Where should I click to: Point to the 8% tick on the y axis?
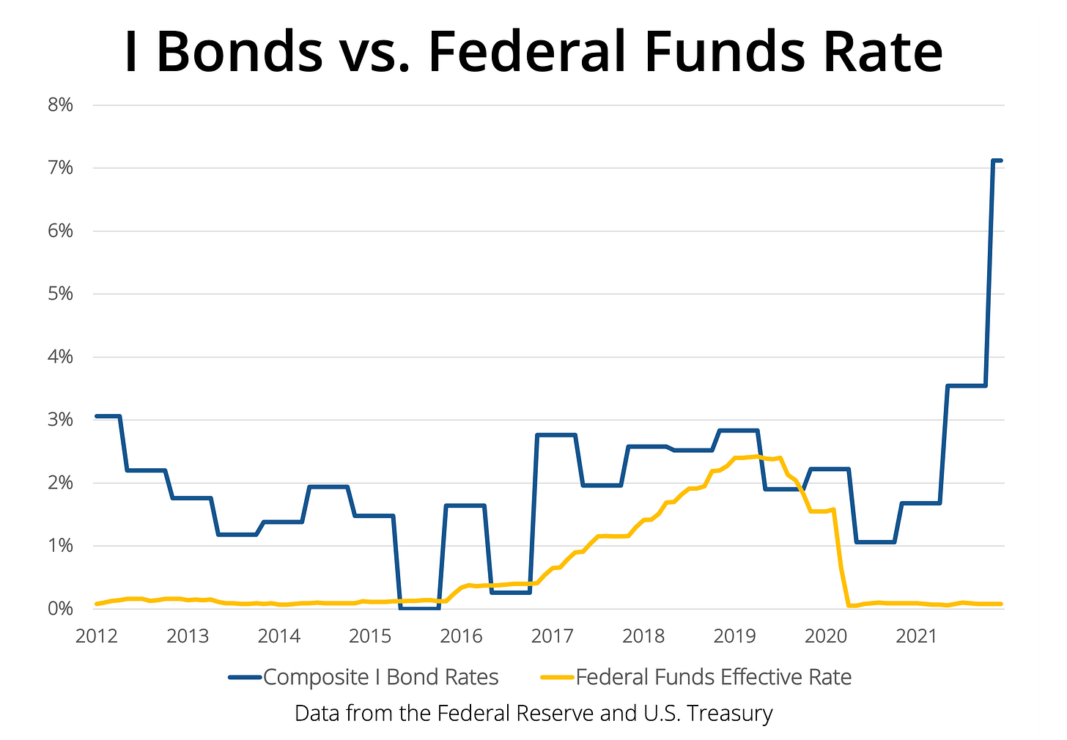coord(60,105)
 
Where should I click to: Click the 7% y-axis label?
coord(60,168)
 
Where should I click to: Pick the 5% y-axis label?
coord(60,294)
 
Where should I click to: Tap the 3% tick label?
coord(60,420)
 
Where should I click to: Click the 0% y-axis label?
coord(60,609)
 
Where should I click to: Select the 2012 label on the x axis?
coord(97,635)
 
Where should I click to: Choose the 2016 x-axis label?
coord(461,635)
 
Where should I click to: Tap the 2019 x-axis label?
coord(734,635)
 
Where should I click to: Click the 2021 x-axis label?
coord(917,635)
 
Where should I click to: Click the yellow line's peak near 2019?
coord(755,456)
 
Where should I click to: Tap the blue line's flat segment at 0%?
coord(419,607)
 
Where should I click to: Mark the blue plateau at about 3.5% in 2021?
coord(967,385)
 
